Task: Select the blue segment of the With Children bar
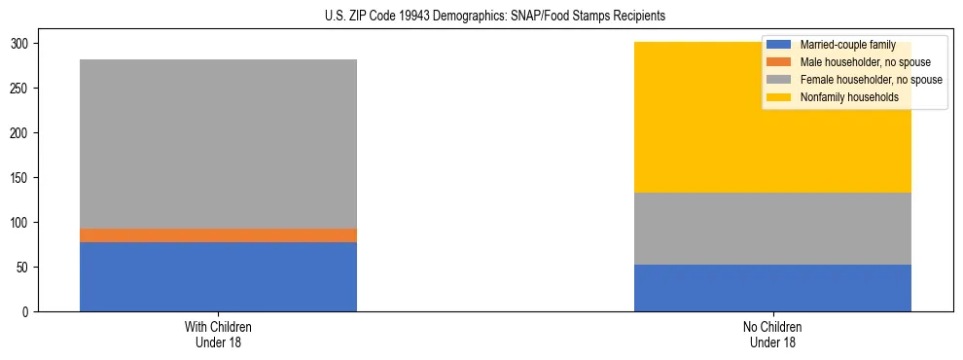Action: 218,276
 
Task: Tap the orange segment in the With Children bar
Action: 218,235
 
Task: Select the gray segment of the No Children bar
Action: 772,229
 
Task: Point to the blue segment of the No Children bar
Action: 772,288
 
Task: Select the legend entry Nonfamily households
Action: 842,97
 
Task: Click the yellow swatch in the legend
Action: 779,97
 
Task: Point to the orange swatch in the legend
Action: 779,62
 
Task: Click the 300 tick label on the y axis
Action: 21,44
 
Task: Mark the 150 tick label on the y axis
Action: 21,178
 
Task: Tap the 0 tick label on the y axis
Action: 27,312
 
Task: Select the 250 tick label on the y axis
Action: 21,89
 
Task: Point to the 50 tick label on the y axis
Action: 24,268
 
